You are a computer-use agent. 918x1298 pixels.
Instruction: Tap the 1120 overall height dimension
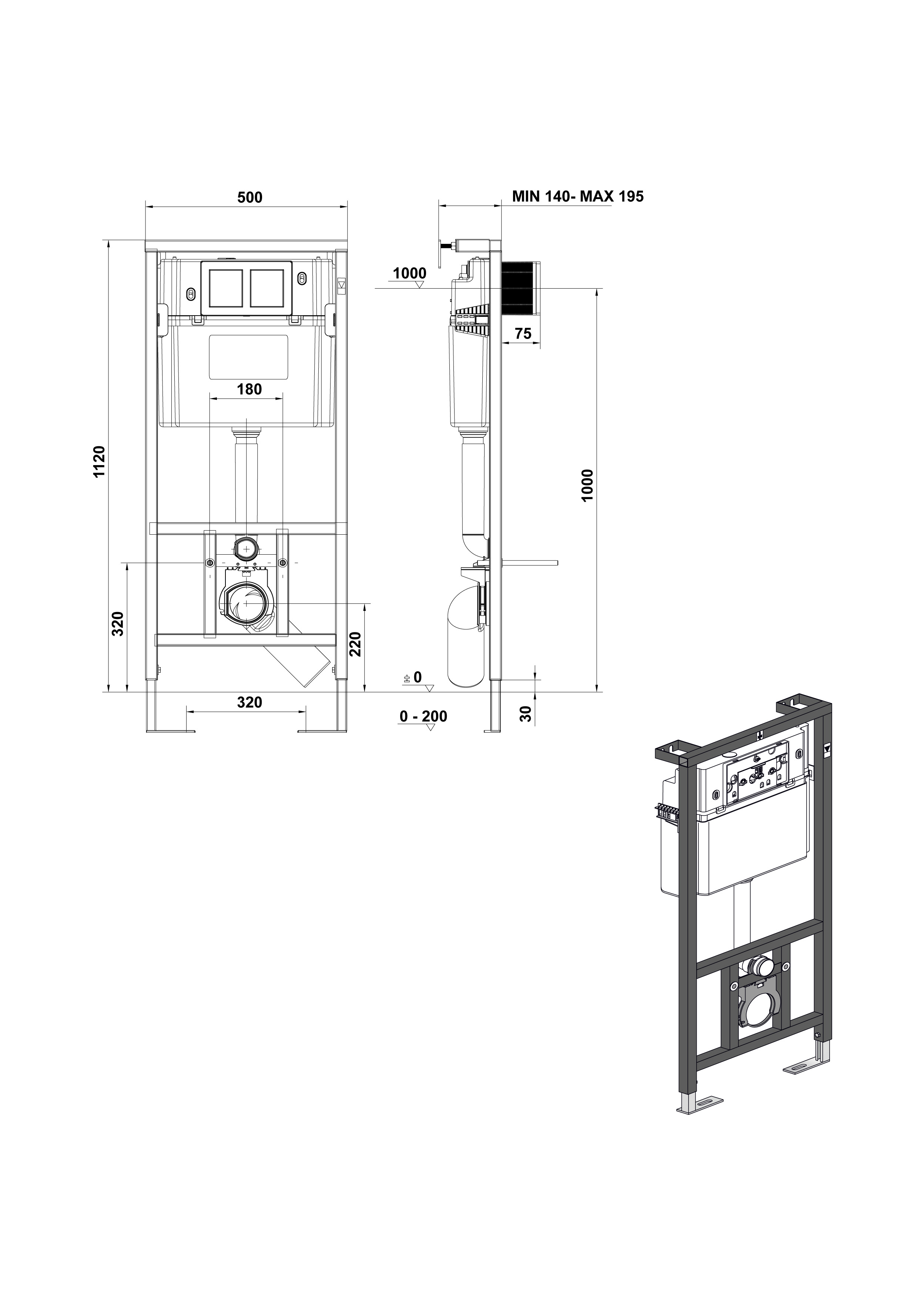[x=100, y=462]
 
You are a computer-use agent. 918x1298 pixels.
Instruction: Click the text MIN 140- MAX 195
[x=578, y=196]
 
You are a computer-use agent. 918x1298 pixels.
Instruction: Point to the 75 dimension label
[x=523, y=333]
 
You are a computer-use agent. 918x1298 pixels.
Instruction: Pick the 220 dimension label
[x=355, y=644]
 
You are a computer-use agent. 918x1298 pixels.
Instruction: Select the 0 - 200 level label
[x=423, y=716]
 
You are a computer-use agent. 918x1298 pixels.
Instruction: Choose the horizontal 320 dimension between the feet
[x=249, y=702]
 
